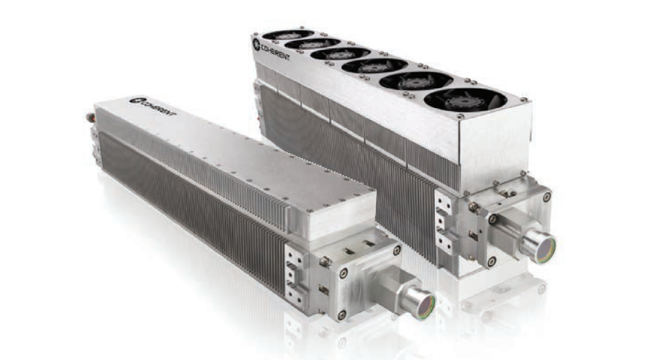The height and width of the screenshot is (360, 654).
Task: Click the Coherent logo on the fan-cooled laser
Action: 271,50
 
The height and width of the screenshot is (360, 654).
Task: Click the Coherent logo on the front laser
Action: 153,107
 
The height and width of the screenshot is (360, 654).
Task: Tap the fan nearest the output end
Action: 465,100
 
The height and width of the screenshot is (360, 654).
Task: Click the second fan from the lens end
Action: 416,81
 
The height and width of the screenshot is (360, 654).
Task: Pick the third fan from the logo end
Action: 341,54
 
